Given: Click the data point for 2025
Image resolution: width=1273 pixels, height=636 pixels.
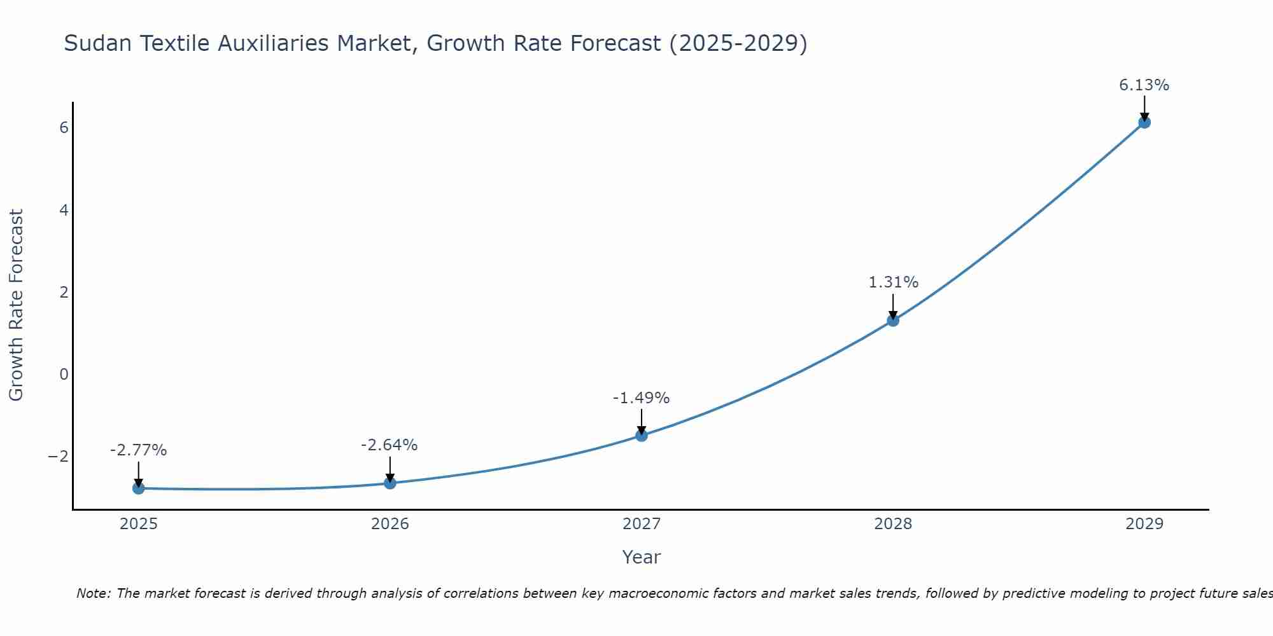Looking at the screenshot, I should [138, 488].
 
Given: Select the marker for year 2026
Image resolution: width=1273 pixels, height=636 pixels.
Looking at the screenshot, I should [390, 483].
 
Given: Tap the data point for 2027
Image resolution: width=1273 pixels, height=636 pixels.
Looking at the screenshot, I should [641, 436].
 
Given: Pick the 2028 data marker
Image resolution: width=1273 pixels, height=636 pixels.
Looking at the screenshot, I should [892, 321].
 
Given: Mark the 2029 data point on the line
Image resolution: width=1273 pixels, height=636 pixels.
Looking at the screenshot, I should [1144, 122].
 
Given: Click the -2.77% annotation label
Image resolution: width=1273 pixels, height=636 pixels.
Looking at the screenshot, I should [138, 450].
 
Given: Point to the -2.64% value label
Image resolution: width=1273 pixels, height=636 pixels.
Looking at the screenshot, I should [389, 445].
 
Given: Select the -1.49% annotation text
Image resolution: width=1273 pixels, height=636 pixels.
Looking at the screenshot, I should [641, 398].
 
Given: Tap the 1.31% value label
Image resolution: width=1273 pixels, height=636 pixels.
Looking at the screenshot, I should [893, 282].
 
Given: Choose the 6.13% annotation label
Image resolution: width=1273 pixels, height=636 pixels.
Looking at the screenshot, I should [1144, 85].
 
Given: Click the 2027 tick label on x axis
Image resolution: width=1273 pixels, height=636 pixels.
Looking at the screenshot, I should [641, 524].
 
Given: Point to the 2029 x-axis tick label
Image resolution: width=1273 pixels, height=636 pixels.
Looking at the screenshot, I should [1144, 524].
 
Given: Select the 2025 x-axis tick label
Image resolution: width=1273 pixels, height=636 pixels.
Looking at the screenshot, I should [138, 524].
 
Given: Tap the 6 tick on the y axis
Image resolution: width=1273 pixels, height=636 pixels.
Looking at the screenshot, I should [64, 128].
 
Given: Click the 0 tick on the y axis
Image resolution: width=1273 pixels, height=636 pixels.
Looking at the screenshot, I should [64, 374].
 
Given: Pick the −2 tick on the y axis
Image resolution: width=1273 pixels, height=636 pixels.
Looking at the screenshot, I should [58, 457].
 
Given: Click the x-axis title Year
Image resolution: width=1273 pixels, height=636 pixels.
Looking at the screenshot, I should [641, 557].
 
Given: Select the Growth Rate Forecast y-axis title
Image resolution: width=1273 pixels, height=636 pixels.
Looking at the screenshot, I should [16, 305].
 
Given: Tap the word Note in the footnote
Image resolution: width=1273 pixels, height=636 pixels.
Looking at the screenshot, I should [93, 593].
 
